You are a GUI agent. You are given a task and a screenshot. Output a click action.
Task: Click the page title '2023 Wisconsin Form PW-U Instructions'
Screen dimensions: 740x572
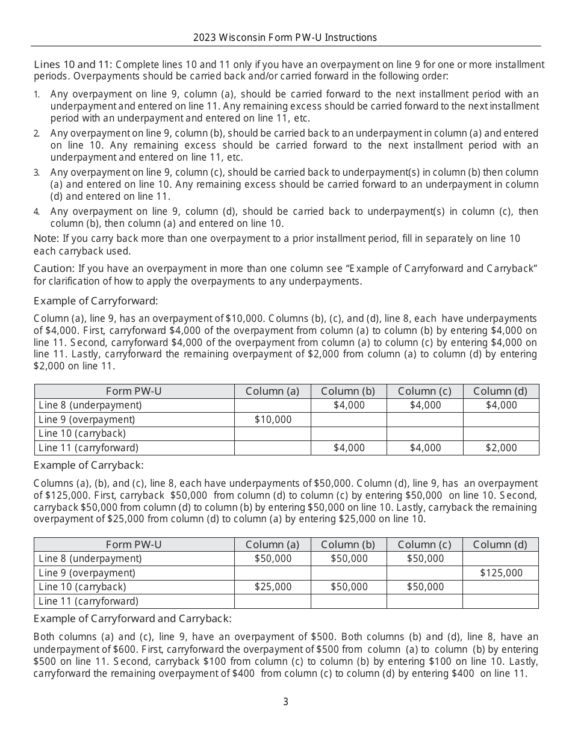[285, 37]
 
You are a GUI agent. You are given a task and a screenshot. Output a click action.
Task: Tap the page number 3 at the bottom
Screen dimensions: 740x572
[286, 701]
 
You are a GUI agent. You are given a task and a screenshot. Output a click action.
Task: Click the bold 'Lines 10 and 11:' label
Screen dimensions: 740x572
[73, 64]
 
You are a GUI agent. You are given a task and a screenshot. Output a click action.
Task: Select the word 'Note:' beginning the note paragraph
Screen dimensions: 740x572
[46, 239]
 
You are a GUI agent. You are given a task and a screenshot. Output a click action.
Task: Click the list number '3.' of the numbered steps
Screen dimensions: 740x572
[37, 173]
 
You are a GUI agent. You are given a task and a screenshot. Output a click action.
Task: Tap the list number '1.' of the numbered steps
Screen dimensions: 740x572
[37, 94]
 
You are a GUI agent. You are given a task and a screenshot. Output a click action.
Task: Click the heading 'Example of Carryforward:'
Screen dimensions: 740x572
[96, 301]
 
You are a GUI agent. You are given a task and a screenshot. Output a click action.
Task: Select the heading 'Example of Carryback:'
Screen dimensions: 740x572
[89, 465]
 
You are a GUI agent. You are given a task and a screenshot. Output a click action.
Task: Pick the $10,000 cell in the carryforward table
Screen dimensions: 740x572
[273, 419]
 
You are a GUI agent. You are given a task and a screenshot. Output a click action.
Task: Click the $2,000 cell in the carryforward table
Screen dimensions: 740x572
[501, 448]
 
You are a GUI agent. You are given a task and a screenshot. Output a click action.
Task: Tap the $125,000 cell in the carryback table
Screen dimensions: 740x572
[501, 573]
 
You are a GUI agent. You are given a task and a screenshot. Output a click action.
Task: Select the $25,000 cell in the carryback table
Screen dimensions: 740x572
[273, 587]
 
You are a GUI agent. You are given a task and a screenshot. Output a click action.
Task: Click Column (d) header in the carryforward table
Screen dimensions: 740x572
[501, 391]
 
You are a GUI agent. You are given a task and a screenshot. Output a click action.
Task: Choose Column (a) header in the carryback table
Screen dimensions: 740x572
[273, 544]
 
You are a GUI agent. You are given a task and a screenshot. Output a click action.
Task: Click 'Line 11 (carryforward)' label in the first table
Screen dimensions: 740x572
[89, 448]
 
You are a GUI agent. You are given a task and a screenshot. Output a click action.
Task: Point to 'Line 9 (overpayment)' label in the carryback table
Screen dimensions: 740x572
[87, 573]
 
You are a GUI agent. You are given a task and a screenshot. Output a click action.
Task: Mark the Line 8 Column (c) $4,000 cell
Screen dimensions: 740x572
[425, 405]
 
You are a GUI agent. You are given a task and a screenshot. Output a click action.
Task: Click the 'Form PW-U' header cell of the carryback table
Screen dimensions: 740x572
[134, 544]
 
